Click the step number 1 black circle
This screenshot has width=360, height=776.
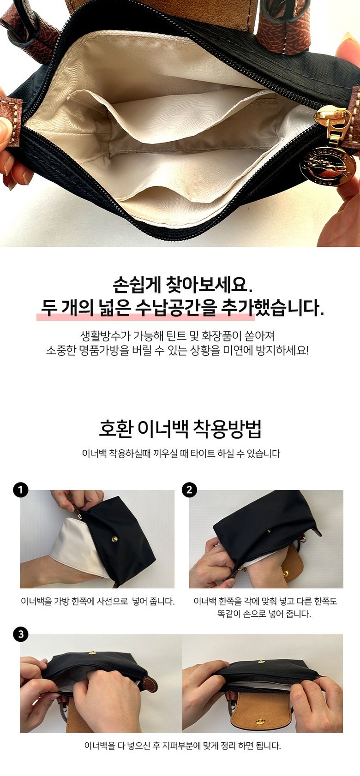point(20,490)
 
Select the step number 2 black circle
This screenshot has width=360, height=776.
point(190,490)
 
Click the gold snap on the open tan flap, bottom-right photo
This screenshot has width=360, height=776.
point(259,721)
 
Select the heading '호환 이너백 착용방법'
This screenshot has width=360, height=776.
point(180,429)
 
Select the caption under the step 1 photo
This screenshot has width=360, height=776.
point(98,601)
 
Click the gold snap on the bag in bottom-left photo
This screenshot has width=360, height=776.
point(92,653)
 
